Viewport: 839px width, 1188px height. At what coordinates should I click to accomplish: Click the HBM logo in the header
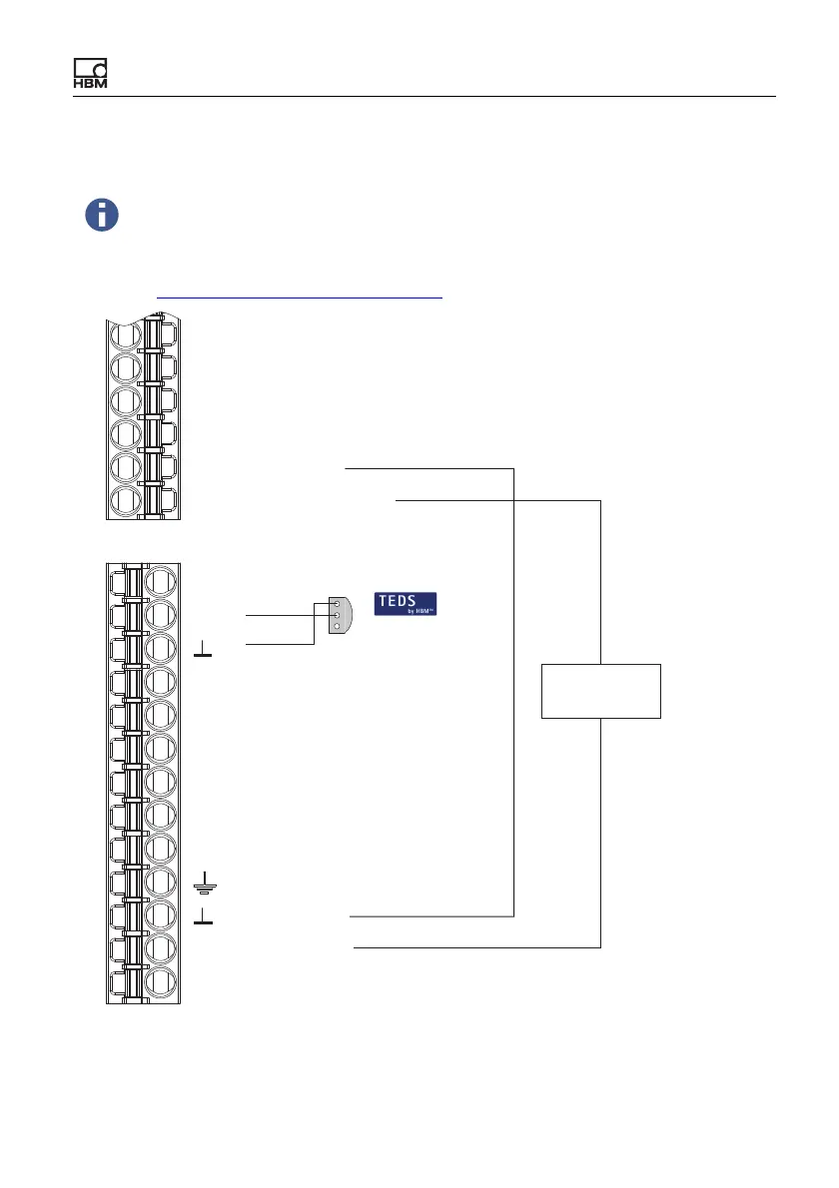pos(90,73)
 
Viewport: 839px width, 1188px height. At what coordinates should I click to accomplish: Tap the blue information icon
pos(102,215)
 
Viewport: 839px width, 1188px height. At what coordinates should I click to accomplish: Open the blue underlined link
pos(300,297)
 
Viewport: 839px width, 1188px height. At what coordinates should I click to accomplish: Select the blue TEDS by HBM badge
pos(406,604)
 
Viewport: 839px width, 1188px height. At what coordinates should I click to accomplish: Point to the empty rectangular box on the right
pos(601,690)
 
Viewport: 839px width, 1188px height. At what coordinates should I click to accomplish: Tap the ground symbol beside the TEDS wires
pos(203,652)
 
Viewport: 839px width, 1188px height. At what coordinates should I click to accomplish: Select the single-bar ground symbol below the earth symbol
pos(203,915)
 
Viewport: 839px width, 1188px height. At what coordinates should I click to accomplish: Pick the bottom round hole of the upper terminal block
pos(125,501)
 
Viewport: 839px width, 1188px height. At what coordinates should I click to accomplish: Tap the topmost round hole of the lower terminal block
pos(161,580)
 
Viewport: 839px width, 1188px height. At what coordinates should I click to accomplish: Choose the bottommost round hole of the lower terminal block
pos(161,983)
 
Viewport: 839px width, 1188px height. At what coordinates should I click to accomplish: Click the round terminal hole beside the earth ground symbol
pos(161,883)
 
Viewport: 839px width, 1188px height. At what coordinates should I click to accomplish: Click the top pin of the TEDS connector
pos(338,605)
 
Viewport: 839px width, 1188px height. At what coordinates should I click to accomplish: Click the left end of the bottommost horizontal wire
pos(356,946)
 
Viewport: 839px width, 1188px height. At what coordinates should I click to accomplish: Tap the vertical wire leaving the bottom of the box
pos(601,829)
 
